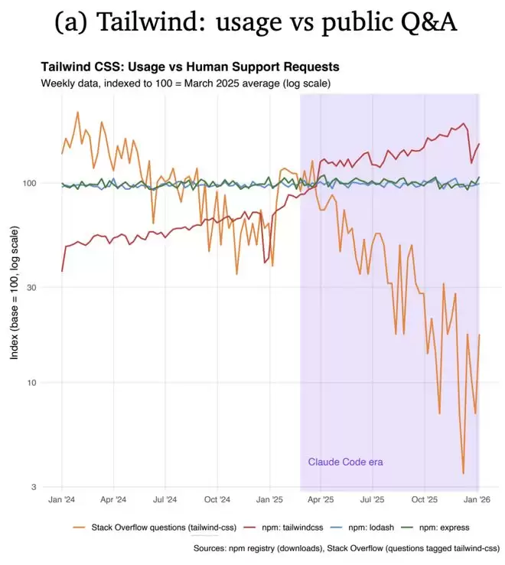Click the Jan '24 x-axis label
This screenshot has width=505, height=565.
pos(62,499)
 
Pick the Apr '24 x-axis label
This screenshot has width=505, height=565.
pos(113,499)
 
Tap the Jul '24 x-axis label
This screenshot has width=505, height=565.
pos(165,499)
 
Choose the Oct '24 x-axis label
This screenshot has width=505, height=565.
pos(217,499)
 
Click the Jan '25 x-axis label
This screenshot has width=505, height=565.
pos(269,499)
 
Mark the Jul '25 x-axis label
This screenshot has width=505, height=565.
pos(373,499)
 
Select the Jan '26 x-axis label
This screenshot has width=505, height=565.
pos(477,499)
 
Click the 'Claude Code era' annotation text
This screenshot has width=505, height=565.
pos(345,462)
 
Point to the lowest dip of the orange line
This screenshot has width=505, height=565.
pos(463,473)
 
